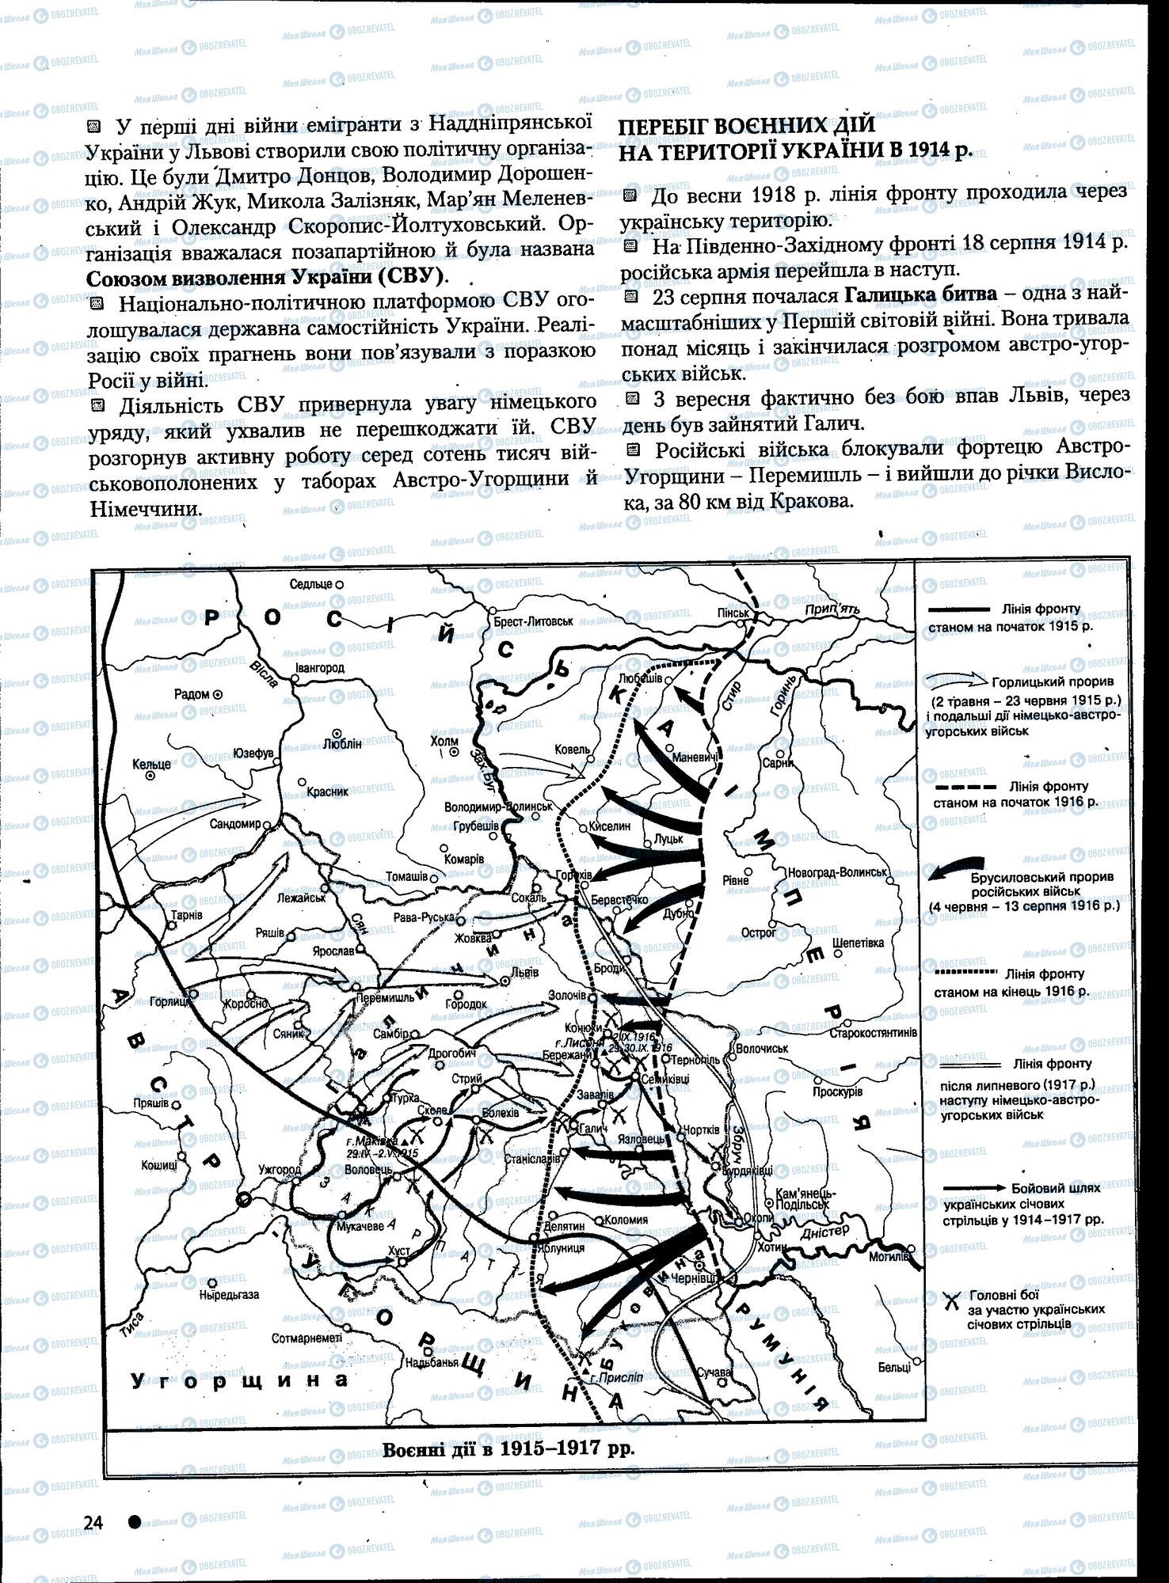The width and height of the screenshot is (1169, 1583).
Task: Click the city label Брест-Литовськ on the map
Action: click(x=532, y=621)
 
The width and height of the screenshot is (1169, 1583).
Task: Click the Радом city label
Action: click(x=192, y=693)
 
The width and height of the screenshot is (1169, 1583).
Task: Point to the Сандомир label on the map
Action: click(x=235, y=823)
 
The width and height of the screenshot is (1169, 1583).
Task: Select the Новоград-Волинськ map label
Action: click(x=836, y=871)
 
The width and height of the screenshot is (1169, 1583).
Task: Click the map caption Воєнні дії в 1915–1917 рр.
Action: click(x=508, y=1449)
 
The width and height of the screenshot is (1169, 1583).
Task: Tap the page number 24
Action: click(x=93, y=1522)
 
